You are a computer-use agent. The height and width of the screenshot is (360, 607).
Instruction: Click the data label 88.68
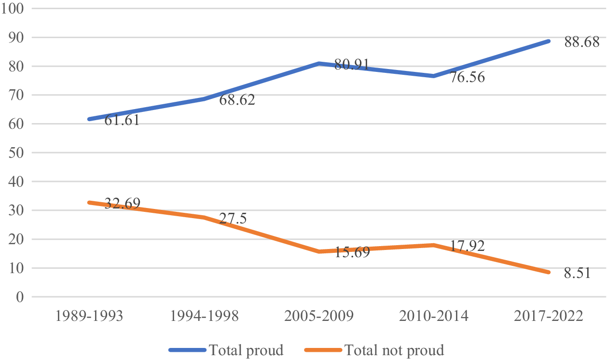(x=582, y=42)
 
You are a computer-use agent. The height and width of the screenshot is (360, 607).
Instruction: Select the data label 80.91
(x=352, y=65)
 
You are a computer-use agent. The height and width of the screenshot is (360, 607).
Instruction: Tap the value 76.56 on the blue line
(x=467, y=77)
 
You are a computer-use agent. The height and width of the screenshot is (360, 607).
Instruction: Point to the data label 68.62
(x=237, y=100)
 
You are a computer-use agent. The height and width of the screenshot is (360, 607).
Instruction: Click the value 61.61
(x=122, y=120)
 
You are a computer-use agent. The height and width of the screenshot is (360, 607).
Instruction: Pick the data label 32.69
(x=123, y=203)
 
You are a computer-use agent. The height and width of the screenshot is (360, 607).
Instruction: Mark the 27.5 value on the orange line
(x=233, y=219)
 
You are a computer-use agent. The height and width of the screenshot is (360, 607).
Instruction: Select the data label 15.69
(x=352, y=252)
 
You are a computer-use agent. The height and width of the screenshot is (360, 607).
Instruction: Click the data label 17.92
(x=467, y=246)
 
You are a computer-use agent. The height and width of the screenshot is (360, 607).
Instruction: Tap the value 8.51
(x=577, y=273)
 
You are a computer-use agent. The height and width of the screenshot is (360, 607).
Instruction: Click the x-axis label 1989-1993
(x=89, y=316)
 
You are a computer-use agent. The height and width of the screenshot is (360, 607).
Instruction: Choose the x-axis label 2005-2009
(x=319, y=316)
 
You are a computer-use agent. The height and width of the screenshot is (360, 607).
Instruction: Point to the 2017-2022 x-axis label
(x=549, y=316)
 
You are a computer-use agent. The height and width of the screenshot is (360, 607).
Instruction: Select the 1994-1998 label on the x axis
(x=204, y=316)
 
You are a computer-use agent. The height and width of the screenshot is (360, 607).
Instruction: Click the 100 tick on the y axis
(x=13, y=8)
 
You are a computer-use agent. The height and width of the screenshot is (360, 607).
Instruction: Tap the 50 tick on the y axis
(x=16, y=153)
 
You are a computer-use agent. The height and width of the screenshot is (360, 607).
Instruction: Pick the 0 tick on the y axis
(x=20, y=297)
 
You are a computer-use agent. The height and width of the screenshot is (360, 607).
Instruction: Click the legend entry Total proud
(x=226, y=350)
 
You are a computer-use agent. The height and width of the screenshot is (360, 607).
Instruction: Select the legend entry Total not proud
(x=374, y=350)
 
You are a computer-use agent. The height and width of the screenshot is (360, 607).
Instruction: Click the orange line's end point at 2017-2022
(x=549, y=272)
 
